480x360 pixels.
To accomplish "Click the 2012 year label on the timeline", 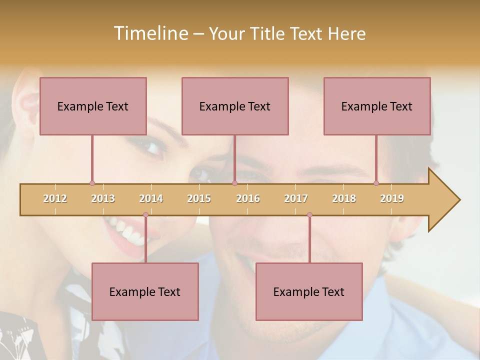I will [55, 198].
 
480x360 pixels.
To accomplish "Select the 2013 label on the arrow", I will [103, 198].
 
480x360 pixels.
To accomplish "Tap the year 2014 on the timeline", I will [151, 198].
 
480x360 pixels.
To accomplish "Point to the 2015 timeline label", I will [199, 198].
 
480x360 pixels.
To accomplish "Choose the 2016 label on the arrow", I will [248, 198].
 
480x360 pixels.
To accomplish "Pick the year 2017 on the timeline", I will [296, 198].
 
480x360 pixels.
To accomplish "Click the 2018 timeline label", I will [344, 198].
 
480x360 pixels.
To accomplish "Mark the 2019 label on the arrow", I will [392, 198].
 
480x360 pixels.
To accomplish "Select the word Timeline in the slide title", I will [150, 33].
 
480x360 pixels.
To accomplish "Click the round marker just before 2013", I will [92, 183].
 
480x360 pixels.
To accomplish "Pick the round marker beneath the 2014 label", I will [145, 215].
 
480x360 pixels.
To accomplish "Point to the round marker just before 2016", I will [234, 183].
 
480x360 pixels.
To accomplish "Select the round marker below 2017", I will [309, 215].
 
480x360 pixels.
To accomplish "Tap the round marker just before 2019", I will [376, 183].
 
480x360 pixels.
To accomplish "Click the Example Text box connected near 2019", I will [377, 106].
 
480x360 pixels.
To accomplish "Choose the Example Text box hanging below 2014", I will [145, 291].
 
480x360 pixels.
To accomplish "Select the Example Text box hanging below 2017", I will [309, 291].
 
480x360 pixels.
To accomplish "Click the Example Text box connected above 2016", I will [235, 106].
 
